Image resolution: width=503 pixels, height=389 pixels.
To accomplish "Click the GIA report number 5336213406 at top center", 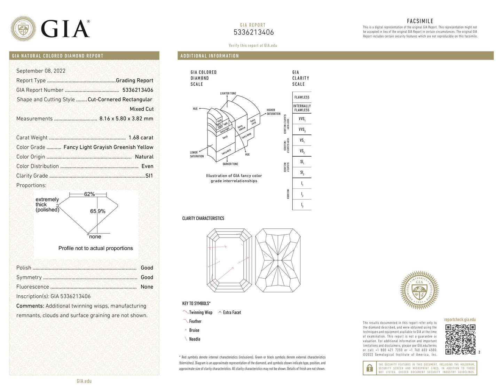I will tap(253, 32).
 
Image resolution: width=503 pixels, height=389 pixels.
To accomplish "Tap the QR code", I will tap(460, 339).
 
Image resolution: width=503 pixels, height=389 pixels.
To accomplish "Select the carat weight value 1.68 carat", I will tap(141, 138).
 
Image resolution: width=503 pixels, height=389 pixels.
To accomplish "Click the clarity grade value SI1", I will tap(149, 176).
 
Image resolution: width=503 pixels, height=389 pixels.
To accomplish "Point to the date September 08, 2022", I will tap(41, 71).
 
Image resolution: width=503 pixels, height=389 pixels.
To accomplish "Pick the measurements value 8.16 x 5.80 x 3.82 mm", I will tap(126, 118).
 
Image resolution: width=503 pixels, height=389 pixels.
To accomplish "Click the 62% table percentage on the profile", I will tap(89, 194).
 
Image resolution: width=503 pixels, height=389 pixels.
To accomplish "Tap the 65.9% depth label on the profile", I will tap(97, 211).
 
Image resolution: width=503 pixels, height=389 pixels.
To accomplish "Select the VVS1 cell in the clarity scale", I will tap(301, 119).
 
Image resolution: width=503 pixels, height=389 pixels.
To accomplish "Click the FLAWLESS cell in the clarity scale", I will tap(301, 98).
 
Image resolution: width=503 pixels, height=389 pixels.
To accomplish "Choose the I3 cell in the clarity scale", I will tap(301, 205).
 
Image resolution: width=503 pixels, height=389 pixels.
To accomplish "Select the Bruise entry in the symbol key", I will tap(194, 330).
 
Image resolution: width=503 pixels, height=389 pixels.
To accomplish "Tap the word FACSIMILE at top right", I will tap(420, 21).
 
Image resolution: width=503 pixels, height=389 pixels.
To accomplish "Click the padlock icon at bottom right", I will tap(369, 368).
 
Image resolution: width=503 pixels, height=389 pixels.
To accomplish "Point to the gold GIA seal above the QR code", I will tap(419, 290).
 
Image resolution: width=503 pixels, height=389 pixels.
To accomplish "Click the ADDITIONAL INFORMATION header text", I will tap(210, 56).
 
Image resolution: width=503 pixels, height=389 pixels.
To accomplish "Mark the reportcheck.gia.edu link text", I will tap(459, 320).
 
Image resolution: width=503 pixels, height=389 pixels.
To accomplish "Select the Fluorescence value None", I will tap(147, 287).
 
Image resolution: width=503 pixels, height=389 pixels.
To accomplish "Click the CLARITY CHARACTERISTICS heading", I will tap(203, 218).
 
